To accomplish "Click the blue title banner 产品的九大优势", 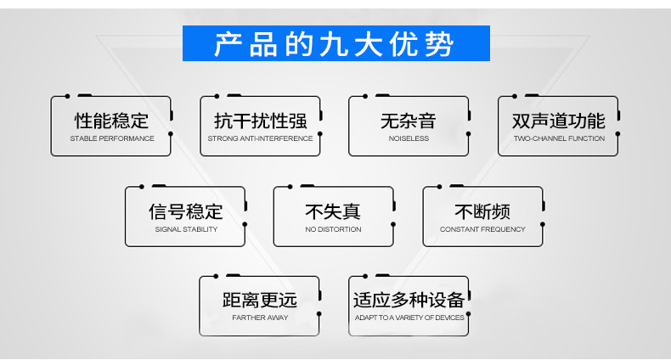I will [x=335, y=43].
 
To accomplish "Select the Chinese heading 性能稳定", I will [x=111, y=121].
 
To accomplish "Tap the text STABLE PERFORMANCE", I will [x=111, y=138].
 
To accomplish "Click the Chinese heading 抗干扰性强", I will [x=260, y=121].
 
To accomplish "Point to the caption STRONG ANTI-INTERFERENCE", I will [x=260, y=138].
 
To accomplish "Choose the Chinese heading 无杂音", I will [x=409, y=121].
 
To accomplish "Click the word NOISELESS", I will [x=409, y=138].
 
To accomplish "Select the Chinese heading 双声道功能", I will [x=559, y=121].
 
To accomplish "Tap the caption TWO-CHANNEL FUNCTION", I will [x=559, y=138].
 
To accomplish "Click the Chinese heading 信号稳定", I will [x=186, y=211].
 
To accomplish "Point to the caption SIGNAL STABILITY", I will [x=186, y=229].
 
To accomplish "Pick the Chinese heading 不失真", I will [x=333, y=211].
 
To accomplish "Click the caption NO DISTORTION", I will [x=333, y=229].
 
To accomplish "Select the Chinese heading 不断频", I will [x=482, y=211].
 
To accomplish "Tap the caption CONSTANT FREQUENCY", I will [x=482, y=229].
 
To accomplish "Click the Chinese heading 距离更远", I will [x=260, y=300].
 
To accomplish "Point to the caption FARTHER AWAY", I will [x=260, y=318].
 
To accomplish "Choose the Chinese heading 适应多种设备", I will [x=409, y=300].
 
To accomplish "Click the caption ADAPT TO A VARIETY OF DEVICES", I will [x=409, y=318].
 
